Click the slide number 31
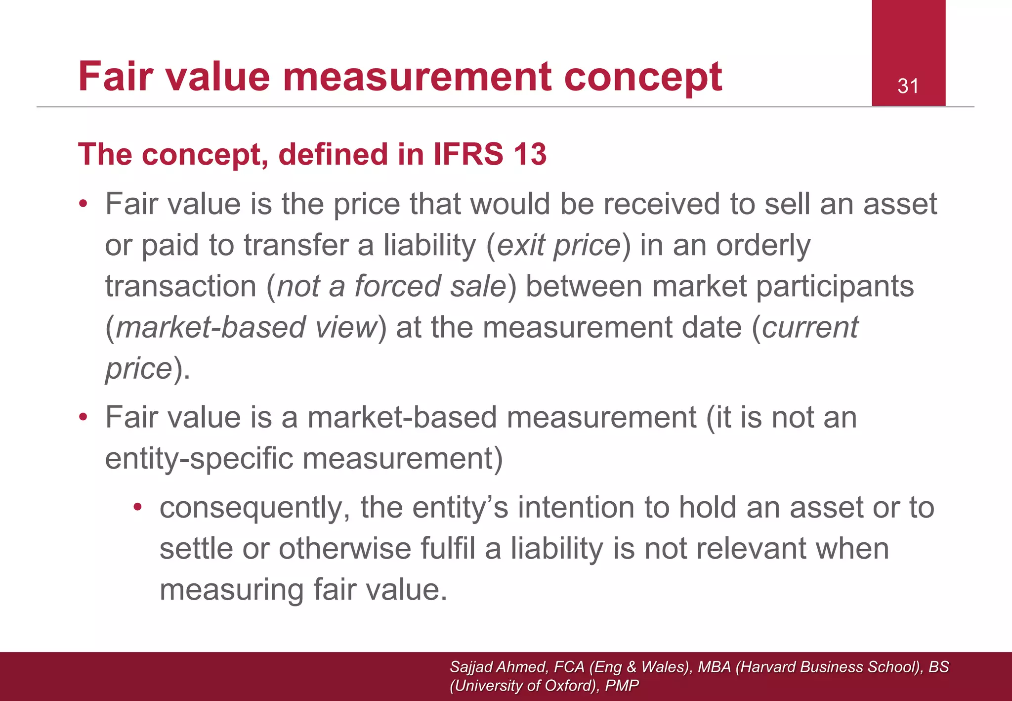coord(908,87)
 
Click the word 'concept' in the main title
coord(643,77)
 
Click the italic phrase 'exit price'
coord(558,246)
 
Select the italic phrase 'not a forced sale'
coord(392,287)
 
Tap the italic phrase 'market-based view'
coord(246,328)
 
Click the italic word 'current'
coord(810,328)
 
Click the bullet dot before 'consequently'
coord(138,507)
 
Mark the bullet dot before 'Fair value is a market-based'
coord(84,417)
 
